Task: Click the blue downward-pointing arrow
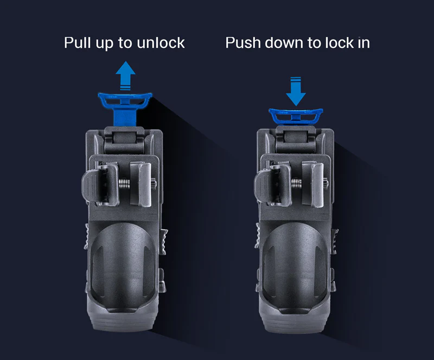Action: click(x=296, y=91)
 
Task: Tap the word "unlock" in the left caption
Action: click(x=161, y=43)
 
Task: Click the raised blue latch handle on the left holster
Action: click(x=125, y=100)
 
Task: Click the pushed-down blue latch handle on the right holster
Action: click(x=296, y=116)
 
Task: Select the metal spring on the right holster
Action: click(x=297, y=184)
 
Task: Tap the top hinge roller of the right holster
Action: click(x=295, y=138)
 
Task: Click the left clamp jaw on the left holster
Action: click(x=100, y=184)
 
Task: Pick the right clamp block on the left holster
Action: click(x=141, y=184)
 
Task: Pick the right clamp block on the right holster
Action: click(x=314, y=184)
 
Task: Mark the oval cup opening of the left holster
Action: click(x=124, y=268)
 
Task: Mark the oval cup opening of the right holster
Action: click(x=295, y=268)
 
